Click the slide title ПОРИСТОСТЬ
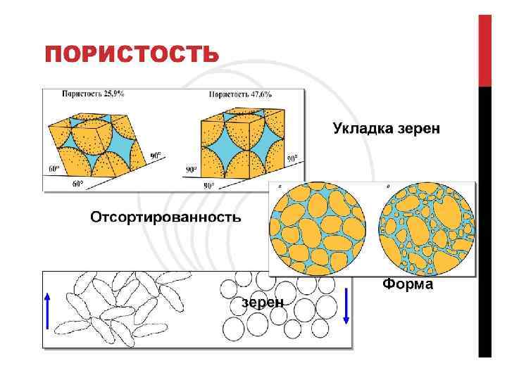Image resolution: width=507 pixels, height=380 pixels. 131,55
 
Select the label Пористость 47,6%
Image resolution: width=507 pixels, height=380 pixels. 240,94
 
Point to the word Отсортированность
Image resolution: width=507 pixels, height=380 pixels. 165,217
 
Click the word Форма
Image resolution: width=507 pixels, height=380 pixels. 408,285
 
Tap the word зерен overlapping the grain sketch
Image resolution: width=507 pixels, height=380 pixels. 263,303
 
